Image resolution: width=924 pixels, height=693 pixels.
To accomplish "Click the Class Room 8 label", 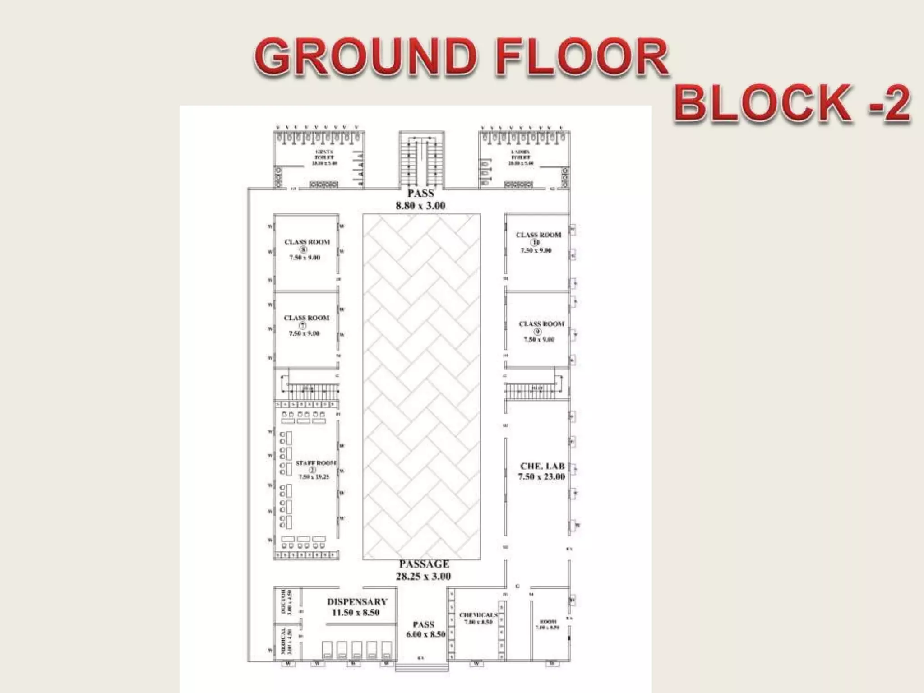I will (307, 249).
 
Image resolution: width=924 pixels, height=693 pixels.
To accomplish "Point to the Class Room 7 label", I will (306, 325).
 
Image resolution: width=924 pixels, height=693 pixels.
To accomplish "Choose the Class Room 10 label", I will (538, 242).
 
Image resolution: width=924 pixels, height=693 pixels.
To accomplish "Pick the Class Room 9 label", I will (541, 331).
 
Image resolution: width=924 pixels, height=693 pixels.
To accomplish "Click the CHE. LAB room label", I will (542, 471).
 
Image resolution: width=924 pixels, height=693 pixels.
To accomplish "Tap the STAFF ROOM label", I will (315, 469).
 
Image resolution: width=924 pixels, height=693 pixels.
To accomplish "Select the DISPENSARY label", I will (357, 607).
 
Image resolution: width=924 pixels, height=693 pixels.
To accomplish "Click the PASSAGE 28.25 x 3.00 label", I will (424, 570).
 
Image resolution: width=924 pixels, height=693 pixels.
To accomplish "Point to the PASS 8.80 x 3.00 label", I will (420, 199).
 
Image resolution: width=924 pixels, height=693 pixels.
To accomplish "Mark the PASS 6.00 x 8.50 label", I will (425, 629).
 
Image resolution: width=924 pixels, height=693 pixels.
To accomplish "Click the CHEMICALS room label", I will (478, 618).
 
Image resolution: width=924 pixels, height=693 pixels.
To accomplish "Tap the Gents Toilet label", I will (324, 157).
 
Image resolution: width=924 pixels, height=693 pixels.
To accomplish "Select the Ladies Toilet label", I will (521, 157).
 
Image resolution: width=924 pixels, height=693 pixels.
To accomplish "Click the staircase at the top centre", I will (421, 160).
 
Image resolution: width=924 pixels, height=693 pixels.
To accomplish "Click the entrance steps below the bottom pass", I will (422, 667).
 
